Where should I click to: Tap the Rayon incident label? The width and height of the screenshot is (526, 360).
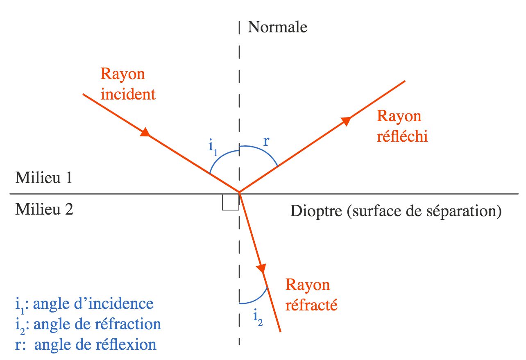pos(128,84)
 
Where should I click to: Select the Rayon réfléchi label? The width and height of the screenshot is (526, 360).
pos(402,126)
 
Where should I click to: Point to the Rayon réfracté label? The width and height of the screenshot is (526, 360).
pos(311,294)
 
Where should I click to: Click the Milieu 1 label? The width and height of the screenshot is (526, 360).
pos(44,178)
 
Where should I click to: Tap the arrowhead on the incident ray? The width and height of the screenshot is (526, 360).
pos(145,133)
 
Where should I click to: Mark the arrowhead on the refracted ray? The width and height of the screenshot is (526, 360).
pos(261,268)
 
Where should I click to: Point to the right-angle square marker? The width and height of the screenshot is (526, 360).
pos(231,202)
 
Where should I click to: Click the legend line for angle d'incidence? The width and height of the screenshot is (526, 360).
pos(84,304)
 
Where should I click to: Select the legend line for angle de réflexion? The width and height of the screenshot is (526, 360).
pos(86,344)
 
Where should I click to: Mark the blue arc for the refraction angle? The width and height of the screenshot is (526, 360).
pos(256,299)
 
